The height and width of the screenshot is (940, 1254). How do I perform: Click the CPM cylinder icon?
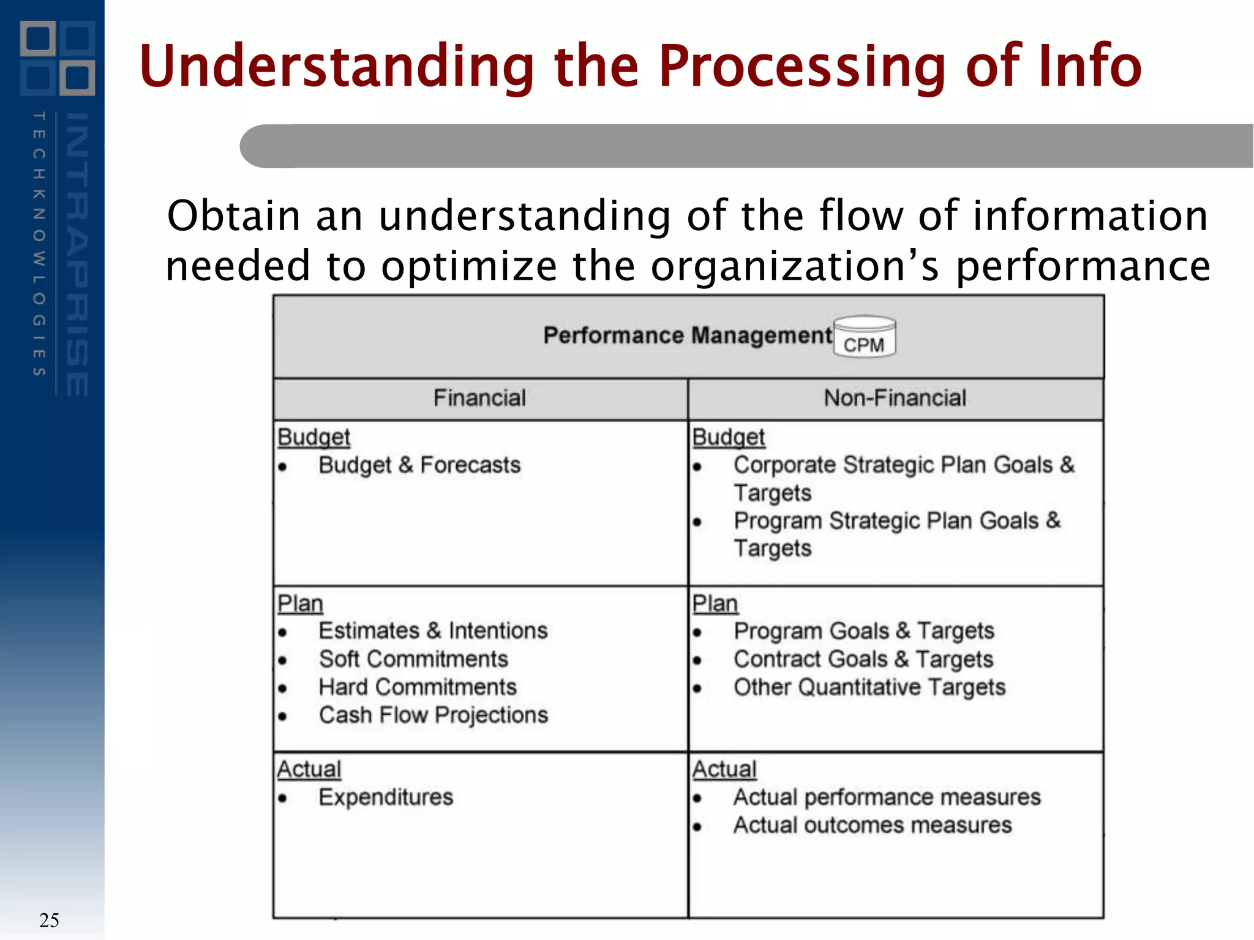864,336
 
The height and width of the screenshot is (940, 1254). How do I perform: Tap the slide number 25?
49,920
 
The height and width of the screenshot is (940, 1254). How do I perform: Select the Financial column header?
479,398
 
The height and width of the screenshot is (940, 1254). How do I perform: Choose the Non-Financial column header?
895,398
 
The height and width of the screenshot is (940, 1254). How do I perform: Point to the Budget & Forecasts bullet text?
419,465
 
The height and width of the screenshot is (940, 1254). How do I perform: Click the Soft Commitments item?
413,659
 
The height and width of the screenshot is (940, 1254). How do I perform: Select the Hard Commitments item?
418,687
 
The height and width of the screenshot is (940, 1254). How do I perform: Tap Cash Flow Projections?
433,715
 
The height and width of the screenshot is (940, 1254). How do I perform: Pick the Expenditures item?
386,797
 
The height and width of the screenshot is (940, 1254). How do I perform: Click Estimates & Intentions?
433,631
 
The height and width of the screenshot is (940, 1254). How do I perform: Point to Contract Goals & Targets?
863,659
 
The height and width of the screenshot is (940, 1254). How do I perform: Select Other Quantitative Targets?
869,687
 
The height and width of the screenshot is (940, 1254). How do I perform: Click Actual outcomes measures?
873,825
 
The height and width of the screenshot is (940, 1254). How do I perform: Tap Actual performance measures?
887,797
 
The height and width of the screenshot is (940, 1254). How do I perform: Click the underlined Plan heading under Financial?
300,603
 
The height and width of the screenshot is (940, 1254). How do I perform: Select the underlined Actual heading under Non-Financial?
724,769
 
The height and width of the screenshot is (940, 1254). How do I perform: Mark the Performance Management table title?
688,335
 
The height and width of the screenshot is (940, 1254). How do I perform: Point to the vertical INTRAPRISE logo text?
77,254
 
